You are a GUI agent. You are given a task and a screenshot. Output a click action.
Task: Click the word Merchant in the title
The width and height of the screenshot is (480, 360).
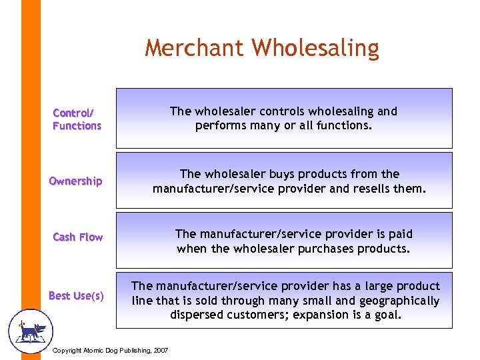[x=195, y=49]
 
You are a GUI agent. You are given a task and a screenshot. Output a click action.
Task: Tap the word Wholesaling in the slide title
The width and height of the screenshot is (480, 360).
[x=315, y=49]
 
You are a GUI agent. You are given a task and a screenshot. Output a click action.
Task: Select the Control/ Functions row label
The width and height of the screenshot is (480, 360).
[x=77, y=119]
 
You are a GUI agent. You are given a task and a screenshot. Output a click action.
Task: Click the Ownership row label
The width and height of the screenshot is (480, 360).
[x=75, y=181]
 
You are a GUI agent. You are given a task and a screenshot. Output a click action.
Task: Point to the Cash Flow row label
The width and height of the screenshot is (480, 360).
[x=77, y=237]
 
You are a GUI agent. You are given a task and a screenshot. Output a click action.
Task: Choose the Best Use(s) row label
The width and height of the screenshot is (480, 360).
[x=76, y=295]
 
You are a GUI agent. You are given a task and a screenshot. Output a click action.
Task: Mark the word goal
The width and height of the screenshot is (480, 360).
[x=387, y=315]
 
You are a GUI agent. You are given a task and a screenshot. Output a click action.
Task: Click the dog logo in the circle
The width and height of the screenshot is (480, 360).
[x=30, y=330]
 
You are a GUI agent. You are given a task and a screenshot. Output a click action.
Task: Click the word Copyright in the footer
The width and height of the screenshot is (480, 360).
[x=67, y=351]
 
